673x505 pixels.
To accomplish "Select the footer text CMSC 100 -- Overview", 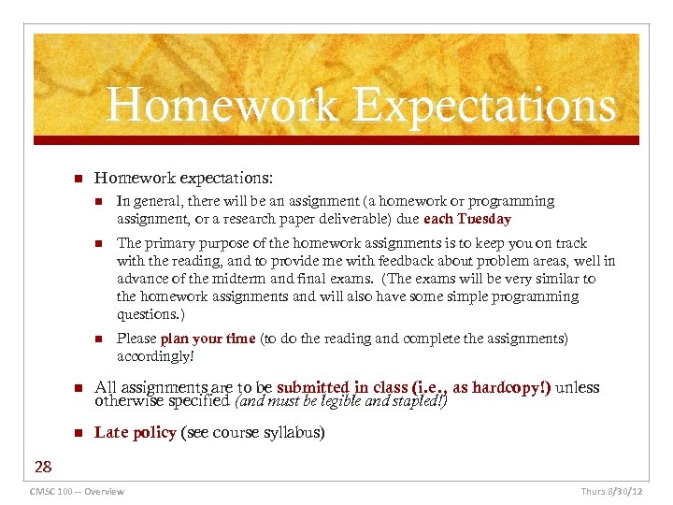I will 78,491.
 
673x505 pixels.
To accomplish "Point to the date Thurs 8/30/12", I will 612,491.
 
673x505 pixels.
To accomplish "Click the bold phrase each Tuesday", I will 467,219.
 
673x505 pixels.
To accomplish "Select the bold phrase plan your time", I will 208,339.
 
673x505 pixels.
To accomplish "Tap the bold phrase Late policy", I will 136,432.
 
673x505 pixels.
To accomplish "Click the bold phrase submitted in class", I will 346,387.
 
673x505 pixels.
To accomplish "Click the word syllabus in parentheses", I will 292,432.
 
